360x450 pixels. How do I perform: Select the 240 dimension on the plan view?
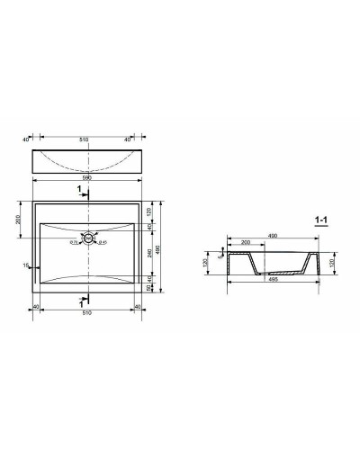[149, 254]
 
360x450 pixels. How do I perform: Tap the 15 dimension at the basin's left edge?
[28, 265]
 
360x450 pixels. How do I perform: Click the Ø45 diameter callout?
[103, 245]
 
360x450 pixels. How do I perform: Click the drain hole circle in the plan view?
[87, 239]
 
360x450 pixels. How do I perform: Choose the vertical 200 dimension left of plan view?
[18, 220]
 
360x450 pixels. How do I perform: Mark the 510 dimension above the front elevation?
[87, 139]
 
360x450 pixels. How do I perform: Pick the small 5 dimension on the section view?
[218, 256]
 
